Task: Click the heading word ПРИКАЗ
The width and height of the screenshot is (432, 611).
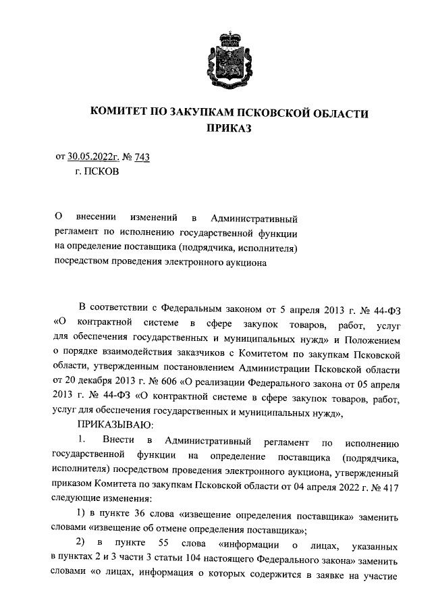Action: [215, 128]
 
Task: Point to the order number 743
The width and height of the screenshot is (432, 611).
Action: [142, 157]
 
